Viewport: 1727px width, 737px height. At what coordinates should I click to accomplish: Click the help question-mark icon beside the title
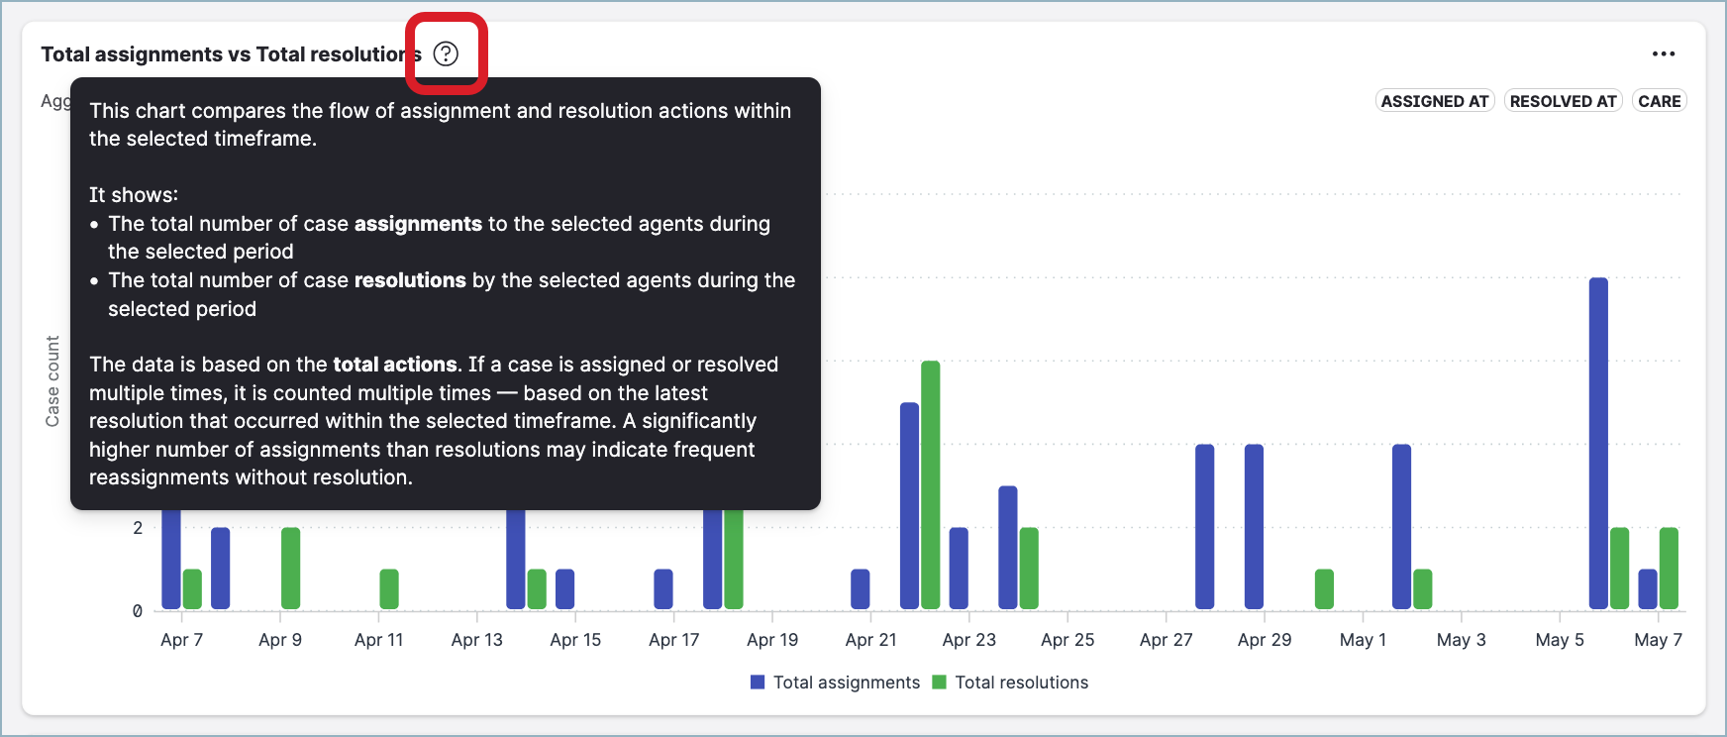(447, 53)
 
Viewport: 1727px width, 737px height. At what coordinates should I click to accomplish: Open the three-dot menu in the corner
(1664, 54)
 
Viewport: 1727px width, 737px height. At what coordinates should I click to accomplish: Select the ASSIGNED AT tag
(1435, 101)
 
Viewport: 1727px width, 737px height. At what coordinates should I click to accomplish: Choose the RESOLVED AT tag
(1563, 101)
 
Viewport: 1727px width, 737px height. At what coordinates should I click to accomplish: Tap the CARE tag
(1659, 101)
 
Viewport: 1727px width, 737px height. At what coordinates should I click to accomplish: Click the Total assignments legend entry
(836, 683)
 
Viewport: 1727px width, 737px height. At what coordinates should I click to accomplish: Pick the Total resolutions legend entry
(1011, 683)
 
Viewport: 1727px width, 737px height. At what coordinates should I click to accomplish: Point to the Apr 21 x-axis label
(870, 640)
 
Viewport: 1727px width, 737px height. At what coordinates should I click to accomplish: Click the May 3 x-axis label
(1461, 640)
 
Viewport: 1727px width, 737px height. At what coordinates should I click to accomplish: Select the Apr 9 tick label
(280, 640)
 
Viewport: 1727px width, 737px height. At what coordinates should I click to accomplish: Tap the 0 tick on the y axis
(138, 611)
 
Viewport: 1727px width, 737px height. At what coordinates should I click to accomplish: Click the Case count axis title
(52, 381)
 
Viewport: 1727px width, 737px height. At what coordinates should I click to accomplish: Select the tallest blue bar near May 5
(1598, 443)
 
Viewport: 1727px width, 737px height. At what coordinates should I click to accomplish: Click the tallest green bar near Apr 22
(930, 484)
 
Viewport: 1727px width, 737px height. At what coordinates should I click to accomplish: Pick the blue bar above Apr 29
(1254, 526)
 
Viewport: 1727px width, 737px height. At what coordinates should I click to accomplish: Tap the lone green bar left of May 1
(1324, 589)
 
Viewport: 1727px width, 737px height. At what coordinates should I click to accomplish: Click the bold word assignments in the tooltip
(418, 224)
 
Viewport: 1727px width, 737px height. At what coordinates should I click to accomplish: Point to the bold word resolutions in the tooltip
(410, 280)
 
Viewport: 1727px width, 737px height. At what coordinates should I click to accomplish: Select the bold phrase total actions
(395, 365)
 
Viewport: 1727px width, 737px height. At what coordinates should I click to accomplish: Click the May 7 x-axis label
(1658, 640)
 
